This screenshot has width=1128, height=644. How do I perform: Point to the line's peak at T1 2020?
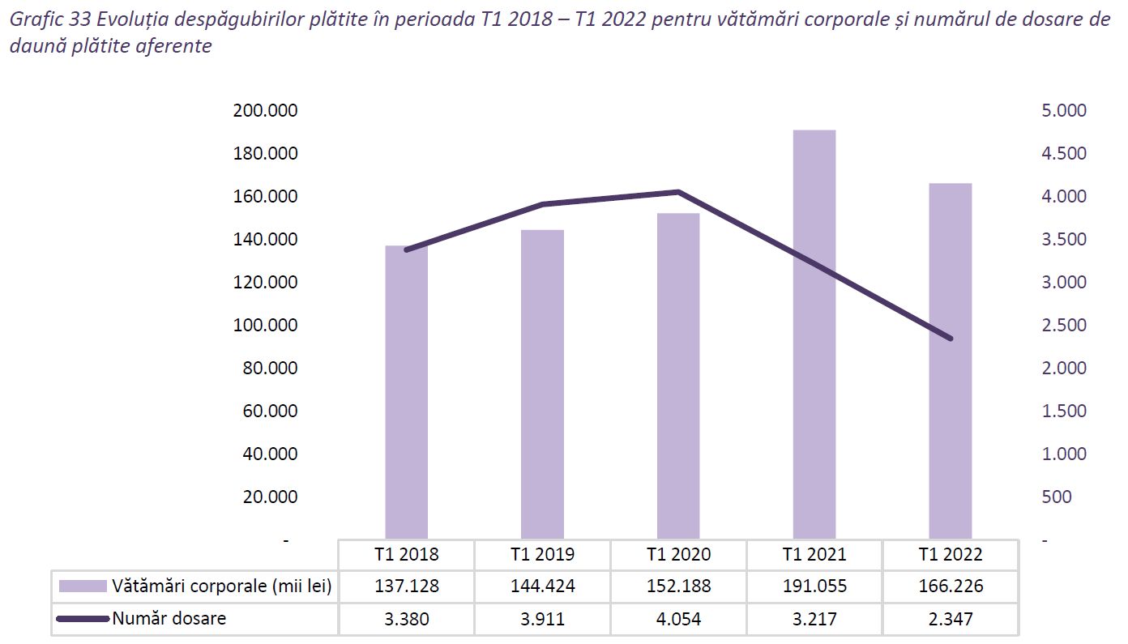point(678,192)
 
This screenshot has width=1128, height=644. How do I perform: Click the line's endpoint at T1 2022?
point(950,338)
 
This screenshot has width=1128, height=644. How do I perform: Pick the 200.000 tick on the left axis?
point(265,111)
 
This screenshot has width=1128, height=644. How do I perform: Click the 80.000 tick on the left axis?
point(269,368)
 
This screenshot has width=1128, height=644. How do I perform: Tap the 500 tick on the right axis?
point(1056,497)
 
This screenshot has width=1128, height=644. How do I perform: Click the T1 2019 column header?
point(542,555)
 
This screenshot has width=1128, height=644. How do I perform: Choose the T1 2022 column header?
point(950,555)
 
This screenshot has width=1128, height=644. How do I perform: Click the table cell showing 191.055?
point(814,586)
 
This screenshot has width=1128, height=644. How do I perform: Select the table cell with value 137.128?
point(406,586)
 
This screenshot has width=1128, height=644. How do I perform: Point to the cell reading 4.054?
point(678,619)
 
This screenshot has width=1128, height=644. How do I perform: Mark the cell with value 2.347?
point(950,619)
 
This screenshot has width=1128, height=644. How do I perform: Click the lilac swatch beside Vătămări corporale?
point(83,586)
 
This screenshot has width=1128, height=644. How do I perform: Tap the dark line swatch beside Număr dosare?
point(83,620)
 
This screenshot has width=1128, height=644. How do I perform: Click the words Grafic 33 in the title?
point(44,20)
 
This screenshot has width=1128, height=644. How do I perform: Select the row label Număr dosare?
point(169,619)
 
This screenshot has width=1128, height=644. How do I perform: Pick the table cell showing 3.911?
point(542,619)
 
